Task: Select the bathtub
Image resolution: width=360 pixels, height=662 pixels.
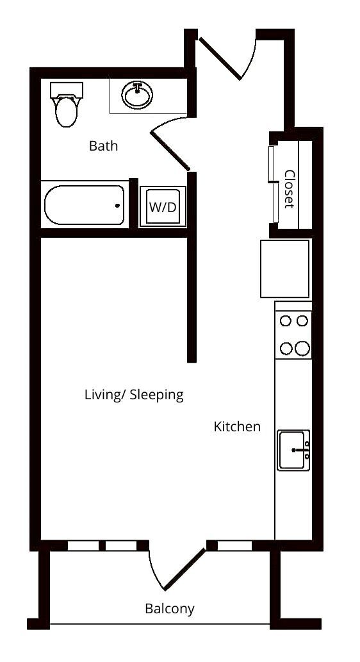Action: [84, 205]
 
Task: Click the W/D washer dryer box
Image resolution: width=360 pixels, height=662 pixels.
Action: [163, 207]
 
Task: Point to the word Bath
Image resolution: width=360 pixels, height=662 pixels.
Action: [103, 146]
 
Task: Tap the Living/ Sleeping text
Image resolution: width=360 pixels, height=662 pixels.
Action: [134, 394]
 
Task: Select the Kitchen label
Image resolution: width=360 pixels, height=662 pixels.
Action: [237, 426]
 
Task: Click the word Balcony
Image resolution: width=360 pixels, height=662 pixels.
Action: [169, 608]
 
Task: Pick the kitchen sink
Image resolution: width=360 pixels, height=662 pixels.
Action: [293, 450]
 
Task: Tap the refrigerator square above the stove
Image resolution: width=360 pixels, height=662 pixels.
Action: [285, 269]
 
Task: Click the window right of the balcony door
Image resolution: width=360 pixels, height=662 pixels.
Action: [234, 546]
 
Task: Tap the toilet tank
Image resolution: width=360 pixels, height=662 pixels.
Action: [67, 89]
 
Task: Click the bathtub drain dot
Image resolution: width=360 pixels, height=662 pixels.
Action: [117, 206]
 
